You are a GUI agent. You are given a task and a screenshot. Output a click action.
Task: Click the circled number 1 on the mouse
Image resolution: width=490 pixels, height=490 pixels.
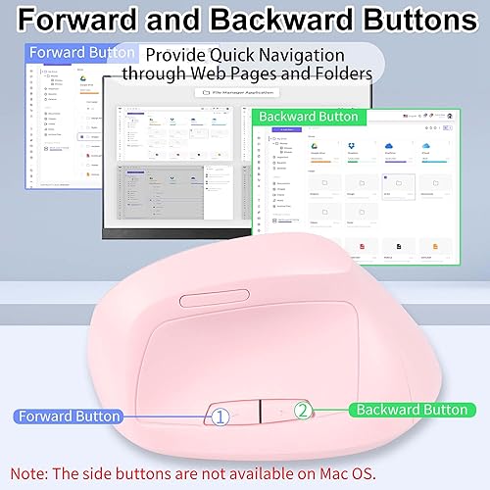[x=220, y=416]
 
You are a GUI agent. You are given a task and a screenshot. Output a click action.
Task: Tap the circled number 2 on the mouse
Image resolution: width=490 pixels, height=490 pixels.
[x=304, y=412]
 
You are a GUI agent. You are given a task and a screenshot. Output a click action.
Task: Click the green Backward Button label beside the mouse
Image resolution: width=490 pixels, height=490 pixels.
[x=411, y=410]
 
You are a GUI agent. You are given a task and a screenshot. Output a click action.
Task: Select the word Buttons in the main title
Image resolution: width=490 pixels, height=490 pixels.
[x=421, y=21]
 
